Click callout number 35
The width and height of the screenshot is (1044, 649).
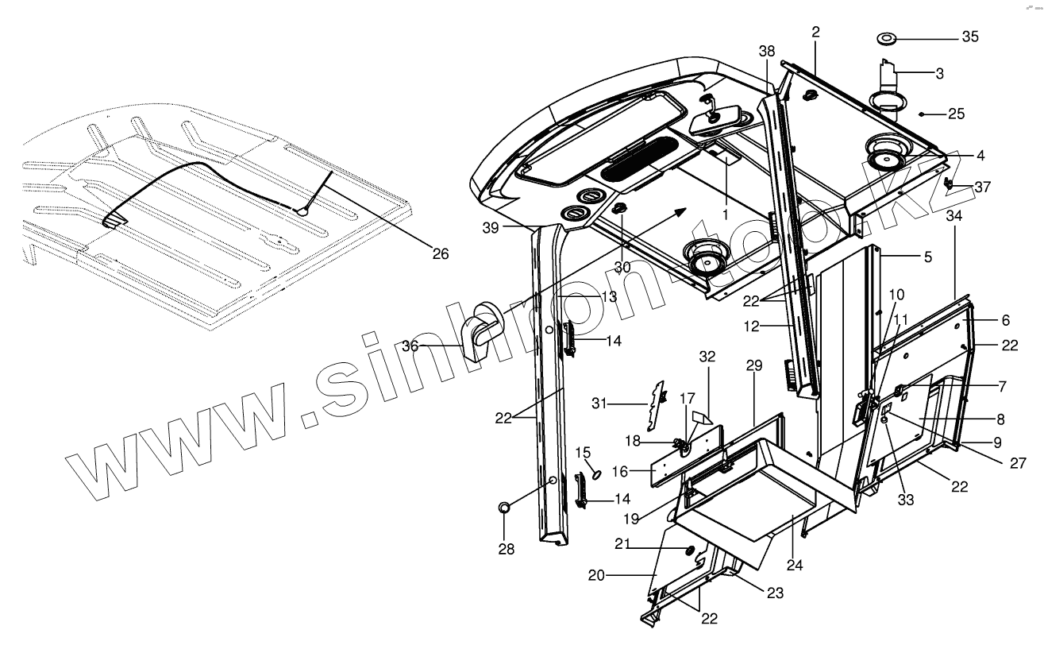point(970,37)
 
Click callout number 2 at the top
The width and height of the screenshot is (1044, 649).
point(815,32)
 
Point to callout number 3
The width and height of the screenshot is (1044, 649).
point(939,73)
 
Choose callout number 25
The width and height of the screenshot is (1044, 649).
point(956,114)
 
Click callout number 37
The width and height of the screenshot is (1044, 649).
point(983,187)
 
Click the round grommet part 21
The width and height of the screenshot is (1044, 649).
point(688,551)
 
